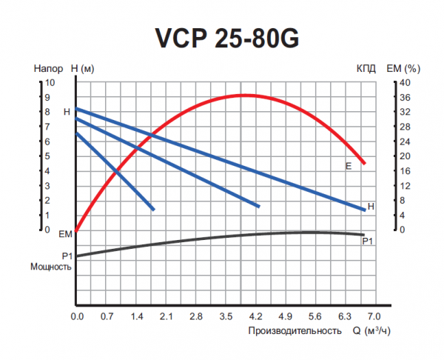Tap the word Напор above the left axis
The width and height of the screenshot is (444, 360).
coord(47,68)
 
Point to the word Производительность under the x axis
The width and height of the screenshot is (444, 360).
coord(295,330)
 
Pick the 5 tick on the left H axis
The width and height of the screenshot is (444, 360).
coord(49,156)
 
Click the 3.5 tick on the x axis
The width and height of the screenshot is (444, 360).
coord(226,316)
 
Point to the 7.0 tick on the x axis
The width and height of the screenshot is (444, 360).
coord(374,316)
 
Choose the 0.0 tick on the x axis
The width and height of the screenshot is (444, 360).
coord(77,316)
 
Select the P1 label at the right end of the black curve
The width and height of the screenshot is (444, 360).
coord(367,241)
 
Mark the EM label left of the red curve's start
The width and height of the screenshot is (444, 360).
coord(64,234)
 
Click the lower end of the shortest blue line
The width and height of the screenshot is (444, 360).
coord(152,210)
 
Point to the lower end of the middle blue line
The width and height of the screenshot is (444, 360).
coord(258,206)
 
